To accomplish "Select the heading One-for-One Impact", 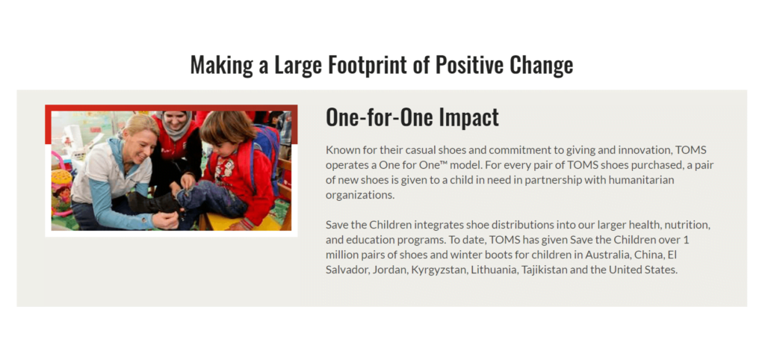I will click(412, 117).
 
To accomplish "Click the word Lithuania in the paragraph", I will click(494, 270).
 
